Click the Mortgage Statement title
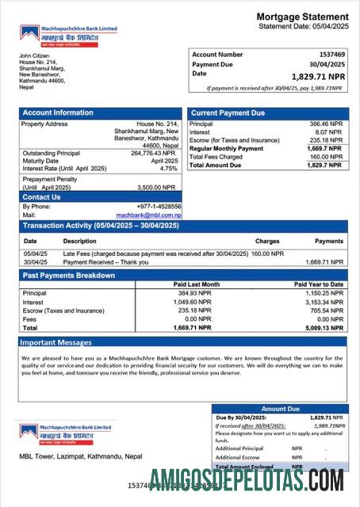302,17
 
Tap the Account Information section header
58,112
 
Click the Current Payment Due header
228,113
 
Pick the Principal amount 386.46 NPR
325,124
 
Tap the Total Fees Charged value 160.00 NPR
325,157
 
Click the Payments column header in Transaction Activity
329,241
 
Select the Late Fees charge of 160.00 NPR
267,253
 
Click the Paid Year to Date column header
319,284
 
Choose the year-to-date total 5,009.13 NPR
324,327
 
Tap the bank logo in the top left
68,34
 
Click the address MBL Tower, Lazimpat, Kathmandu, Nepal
81,456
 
